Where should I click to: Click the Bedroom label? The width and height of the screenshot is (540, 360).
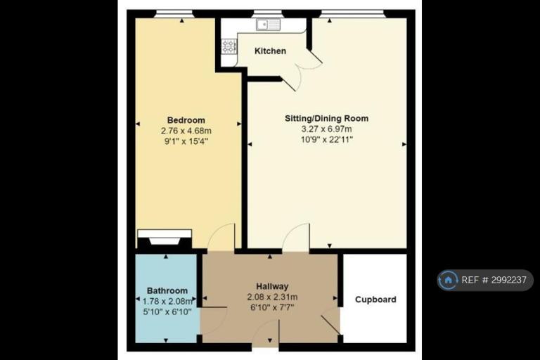coord(186,120)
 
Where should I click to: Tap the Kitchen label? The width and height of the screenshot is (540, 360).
coord(270,51)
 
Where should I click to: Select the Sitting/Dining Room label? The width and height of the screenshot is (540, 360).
coord(326,119)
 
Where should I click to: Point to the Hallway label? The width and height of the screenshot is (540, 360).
coord(272,286)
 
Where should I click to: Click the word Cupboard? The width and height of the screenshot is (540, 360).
coord(375,300)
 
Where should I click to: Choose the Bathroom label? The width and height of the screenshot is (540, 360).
coord(167,291)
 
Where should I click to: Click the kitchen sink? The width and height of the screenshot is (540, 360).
coord(268,25)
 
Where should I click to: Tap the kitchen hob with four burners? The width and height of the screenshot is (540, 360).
coord(229,46)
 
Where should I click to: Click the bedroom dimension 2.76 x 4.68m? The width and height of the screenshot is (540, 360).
coord(186,131)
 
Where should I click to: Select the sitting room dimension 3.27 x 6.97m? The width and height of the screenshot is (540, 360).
coord(326,129)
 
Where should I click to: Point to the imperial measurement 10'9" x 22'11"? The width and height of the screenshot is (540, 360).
coord(327,139)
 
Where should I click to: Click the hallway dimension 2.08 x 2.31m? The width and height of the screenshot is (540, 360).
coord(272,297)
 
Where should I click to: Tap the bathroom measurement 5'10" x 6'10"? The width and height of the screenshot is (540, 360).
coord(167,311)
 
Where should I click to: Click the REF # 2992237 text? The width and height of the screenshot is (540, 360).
coord(494,280)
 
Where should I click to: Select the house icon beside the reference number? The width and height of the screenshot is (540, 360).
coord(448,280)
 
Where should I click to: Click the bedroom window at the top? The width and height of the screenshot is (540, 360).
coord(174,13)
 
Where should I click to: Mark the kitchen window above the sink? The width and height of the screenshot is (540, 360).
coord(268,13)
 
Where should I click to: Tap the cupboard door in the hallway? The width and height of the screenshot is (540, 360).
coord(330,324)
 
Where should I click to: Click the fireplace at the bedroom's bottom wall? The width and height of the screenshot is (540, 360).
coord(165,238)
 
